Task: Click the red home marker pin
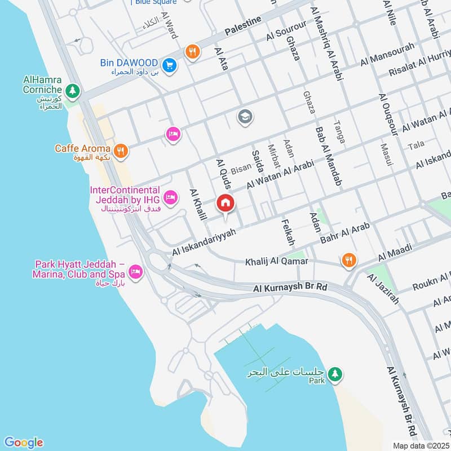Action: click(225, 203)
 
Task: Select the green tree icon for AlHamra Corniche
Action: click(72, 90)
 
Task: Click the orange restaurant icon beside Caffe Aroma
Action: click(120, 151)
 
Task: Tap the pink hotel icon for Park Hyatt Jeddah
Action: click(135, 273)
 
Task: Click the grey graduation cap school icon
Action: click(245, 117)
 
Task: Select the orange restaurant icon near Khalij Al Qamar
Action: click(349, 260)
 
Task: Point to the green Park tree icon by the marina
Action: click(335, 374)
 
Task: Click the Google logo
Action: click(23, 443)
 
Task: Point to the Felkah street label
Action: click(290, 232)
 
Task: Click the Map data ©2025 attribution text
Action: click(421, 445)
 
